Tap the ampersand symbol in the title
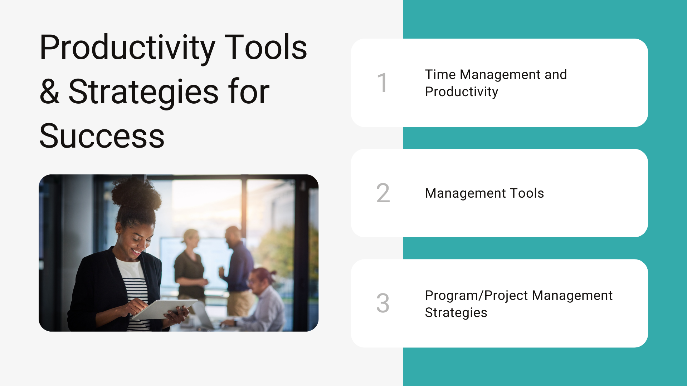pos(50,91)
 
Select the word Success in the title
pos(102,136)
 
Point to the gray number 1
pos(383,83)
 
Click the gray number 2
pos(383,193)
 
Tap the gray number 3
pos(383,303)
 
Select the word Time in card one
pos(440,74)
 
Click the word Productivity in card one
pos(462,92)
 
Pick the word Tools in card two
pos(527,193)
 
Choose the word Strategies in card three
pos(456,313)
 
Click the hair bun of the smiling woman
pos(136,195)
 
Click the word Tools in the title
pos(266,47)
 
